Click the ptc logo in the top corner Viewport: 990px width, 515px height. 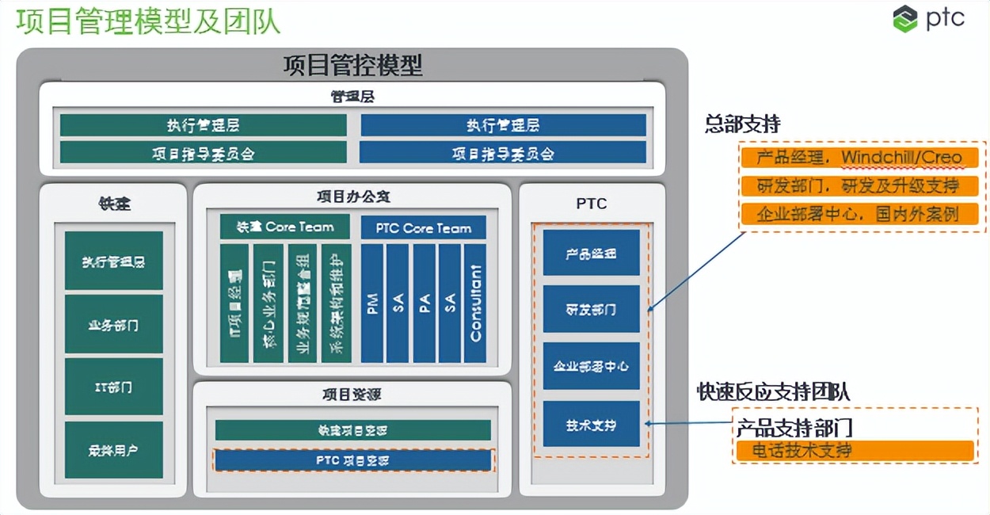click(x=928, y=18)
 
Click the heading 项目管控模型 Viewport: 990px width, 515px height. click(x=352, y=65)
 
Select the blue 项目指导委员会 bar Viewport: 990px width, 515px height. click(x=503, y=153)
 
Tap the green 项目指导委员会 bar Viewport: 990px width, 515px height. click(x=204, y=153)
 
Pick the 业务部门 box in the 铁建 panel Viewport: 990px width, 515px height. click(x=114, y=325)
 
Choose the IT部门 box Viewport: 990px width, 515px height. click(x=114, y=387)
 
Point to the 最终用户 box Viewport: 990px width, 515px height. click(x=114, y=450)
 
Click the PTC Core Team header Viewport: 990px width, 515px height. click(x=424, y=228)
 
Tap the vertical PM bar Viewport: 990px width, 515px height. click(x=373, y=303)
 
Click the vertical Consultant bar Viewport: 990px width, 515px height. click(x=475, y=303)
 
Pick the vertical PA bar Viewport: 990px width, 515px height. click(x=425, y=303)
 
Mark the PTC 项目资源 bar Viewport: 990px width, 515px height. click(x=353, y=460)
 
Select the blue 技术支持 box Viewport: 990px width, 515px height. click(x=591, y=425)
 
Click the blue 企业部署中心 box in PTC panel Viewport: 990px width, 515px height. click(x=591, y=366)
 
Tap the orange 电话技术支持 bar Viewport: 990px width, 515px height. click(x=853, y=451)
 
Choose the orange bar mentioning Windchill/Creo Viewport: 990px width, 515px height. click(x=859, y=158)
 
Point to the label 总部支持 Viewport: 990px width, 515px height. click(x=742, y=124)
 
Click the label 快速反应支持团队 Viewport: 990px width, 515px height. click(x=773, y=391)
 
